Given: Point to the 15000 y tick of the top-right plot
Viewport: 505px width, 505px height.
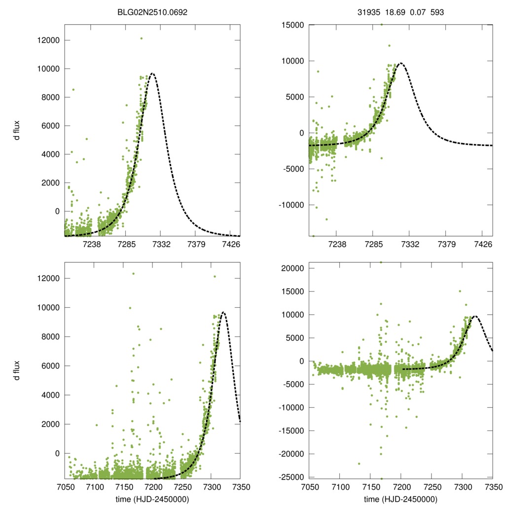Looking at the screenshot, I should [x=290, y=25].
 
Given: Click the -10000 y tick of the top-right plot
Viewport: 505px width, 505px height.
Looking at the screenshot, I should [x=289, y=205].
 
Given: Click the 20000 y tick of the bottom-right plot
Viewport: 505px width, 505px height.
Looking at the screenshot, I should [x=290, y=268].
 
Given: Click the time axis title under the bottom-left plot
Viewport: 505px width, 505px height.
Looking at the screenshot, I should [x=153, y=499].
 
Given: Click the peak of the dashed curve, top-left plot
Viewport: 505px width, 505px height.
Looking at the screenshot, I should [x=153, y=73].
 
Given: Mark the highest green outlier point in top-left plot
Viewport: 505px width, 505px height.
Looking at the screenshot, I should [x=141, y=38].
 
